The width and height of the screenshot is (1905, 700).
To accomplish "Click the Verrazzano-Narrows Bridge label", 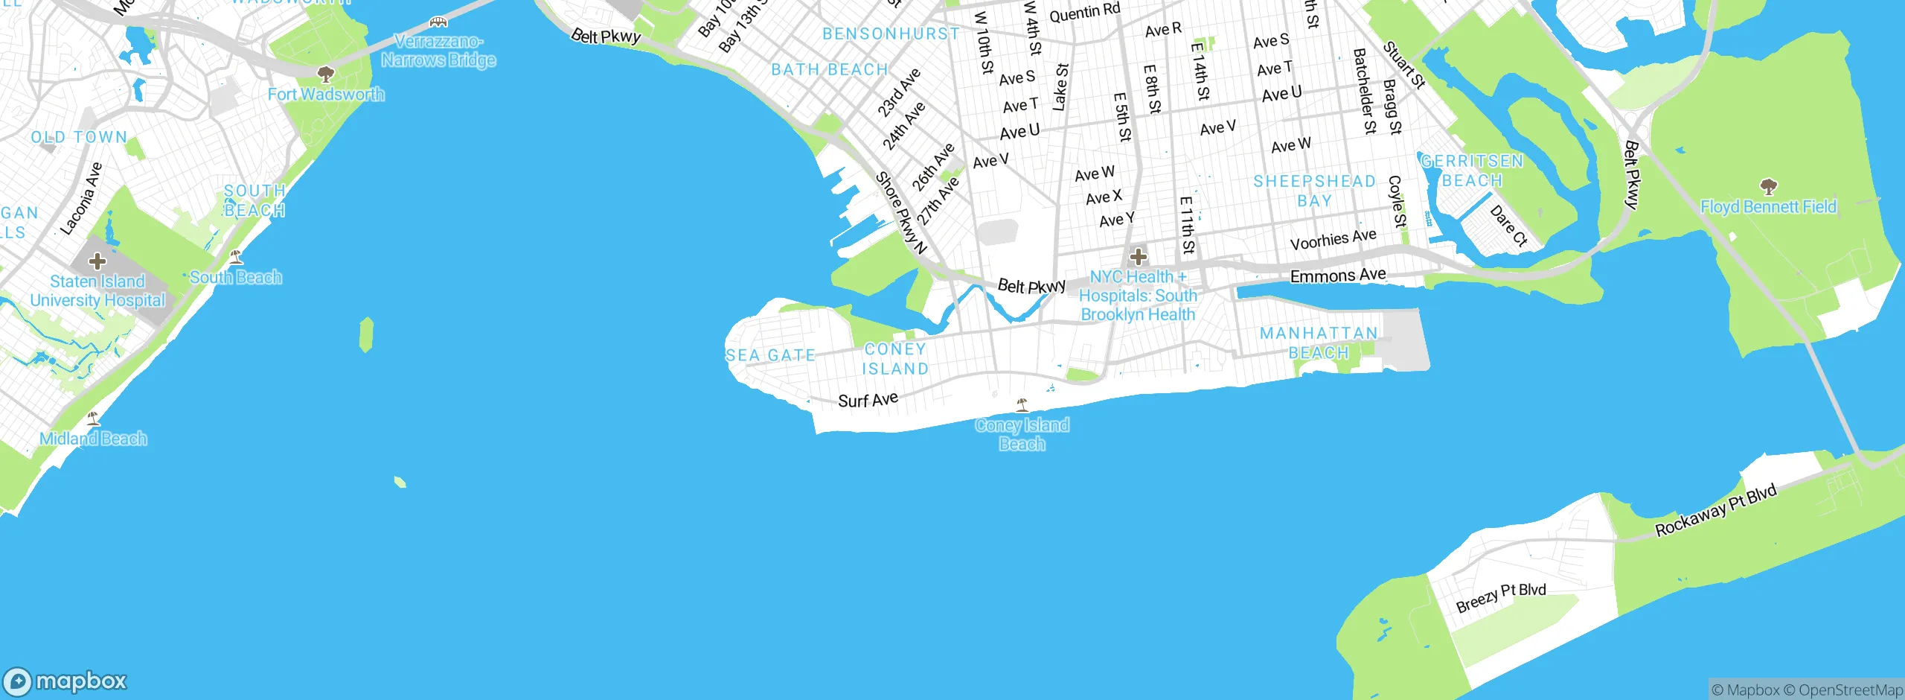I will point(438,51).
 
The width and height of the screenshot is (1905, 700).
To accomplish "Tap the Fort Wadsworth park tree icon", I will point(325,74).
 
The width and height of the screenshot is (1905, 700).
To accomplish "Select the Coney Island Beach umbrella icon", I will point(1022,405).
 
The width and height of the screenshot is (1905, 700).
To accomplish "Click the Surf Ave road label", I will point(868,400).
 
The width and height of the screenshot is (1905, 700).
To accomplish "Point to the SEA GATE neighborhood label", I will point(770,356).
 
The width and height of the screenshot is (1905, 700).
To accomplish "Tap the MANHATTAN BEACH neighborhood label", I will point(1319,343).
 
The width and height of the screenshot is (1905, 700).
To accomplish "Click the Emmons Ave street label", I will point(1337,276).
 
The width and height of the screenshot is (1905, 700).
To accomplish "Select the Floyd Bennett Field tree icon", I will point(1768,186).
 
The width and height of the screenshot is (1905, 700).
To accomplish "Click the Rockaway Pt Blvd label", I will point(1715,510).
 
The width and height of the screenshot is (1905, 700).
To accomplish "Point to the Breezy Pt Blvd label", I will point(1500,597).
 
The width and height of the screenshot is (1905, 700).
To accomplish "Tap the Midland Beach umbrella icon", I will point(93,419).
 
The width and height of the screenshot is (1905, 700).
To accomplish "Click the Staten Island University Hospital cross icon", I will point(97,261).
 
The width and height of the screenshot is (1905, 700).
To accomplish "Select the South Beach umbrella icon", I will point(236,258).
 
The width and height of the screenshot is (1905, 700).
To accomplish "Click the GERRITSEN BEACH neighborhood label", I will point(1472,171).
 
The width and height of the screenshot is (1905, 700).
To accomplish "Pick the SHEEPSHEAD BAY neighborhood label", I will point(1314,191).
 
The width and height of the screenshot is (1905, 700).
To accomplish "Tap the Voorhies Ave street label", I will point(1333,240).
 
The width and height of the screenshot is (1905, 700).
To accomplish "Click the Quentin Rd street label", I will point(1084,12).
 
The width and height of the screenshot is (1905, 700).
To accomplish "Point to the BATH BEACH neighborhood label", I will point(830,70).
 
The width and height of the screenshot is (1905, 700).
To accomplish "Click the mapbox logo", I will point(65,681).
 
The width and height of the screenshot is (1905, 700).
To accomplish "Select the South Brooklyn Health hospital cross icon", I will point(1137,258).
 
